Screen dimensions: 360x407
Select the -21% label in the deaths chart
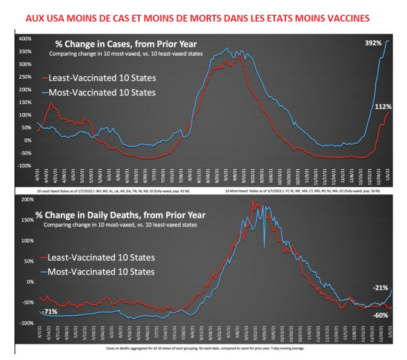(x=381, y=288)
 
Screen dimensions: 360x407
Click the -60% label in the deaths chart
(x=380, y=316)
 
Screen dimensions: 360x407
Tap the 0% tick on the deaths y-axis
(x=28, y=282)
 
